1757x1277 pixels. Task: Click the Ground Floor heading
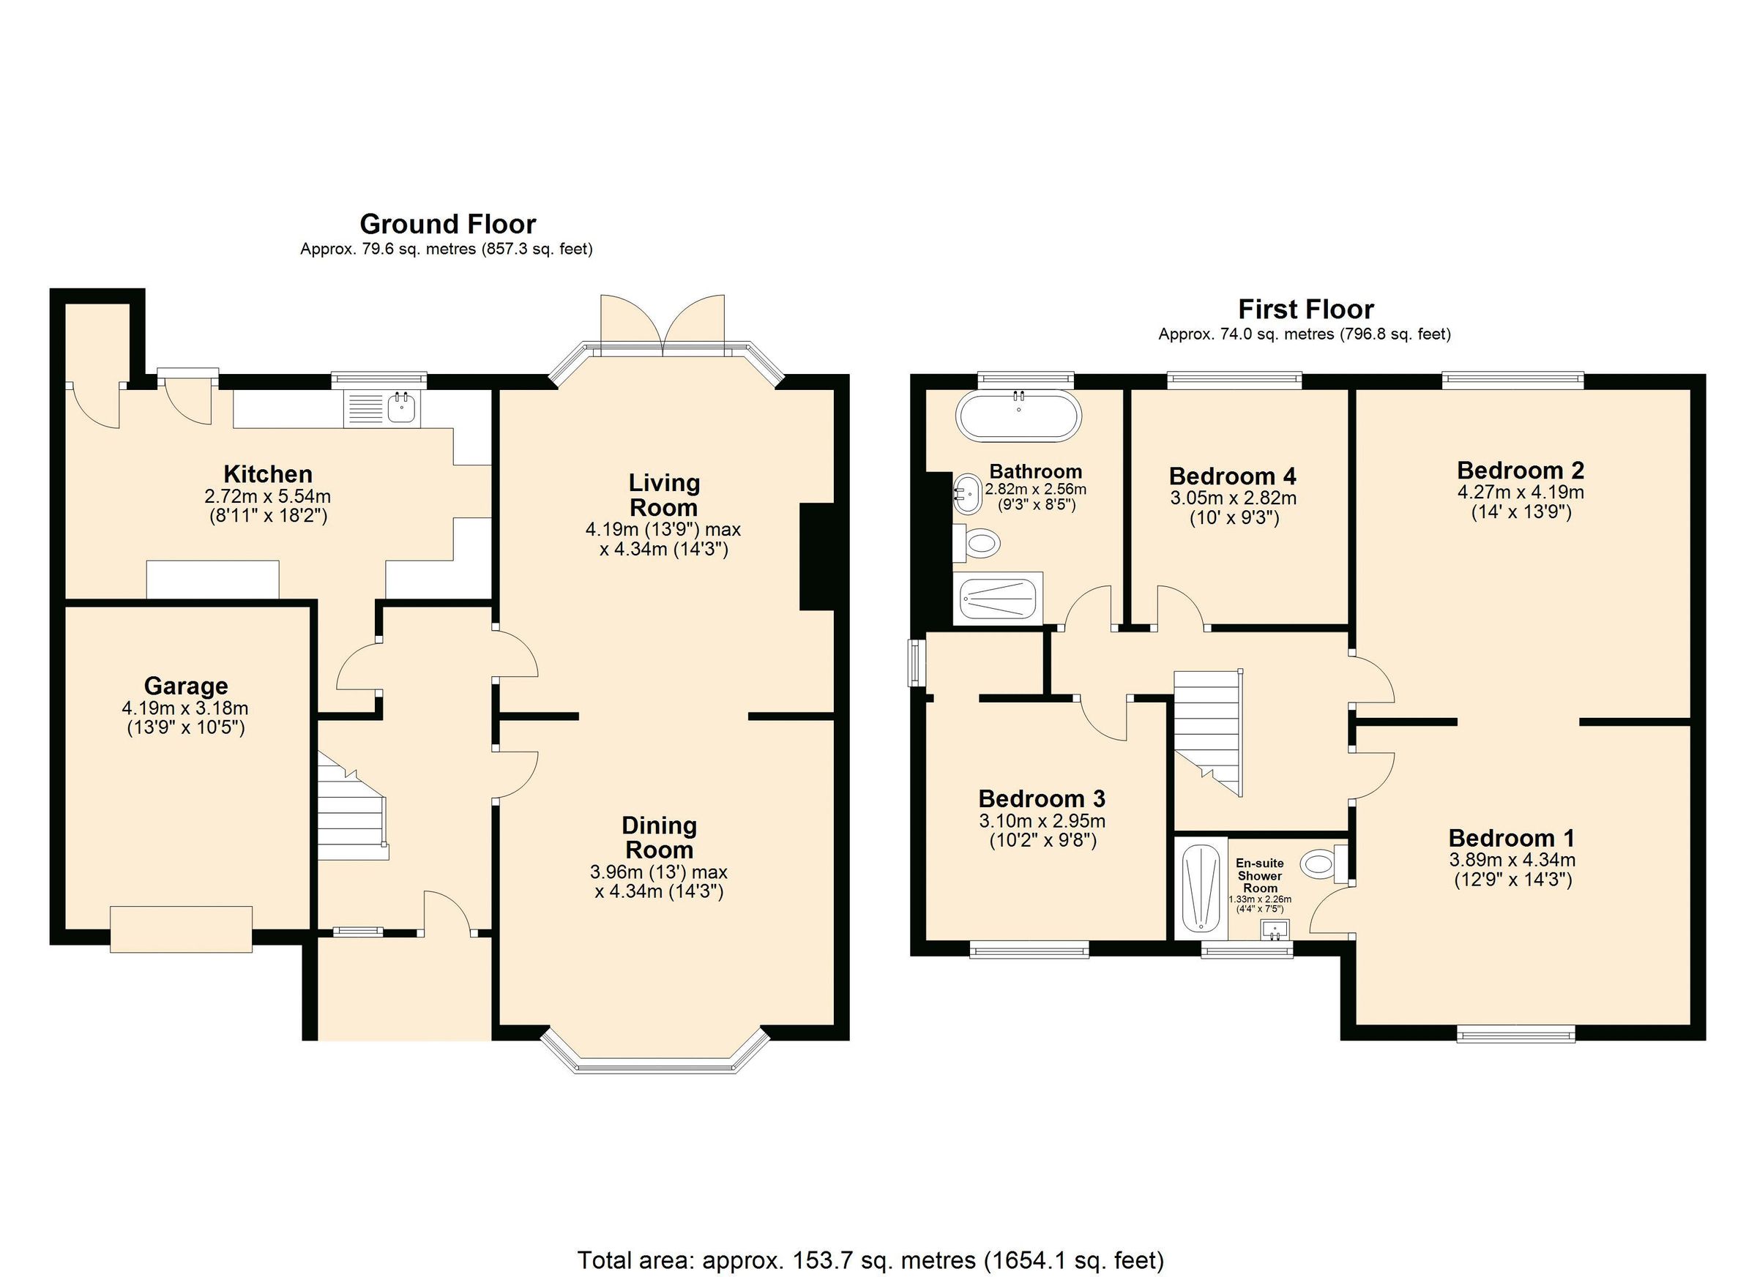[x=448, y=225]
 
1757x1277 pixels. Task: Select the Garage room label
[x=186, y=686]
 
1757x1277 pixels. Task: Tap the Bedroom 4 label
[x=1233, y=476]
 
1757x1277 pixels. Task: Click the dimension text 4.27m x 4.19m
[x=1521, y=493]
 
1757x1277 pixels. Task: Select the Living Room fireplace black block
[x=816, y=557]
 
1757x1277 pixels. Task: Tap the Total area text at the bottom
[x=870, y=1260]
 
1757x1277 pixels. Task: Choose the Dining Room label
[x=660, y=837]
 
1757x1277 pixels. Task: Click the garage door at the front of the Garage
[x=182, y=929]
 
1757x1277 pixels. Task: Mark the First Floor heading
[x=1305, y=310]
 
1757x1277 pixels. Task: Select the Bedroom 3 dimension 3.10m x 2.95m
[x=1042, y=821]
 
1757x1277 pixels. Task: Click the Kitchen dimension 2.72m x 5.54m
[x=268, y=496]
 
